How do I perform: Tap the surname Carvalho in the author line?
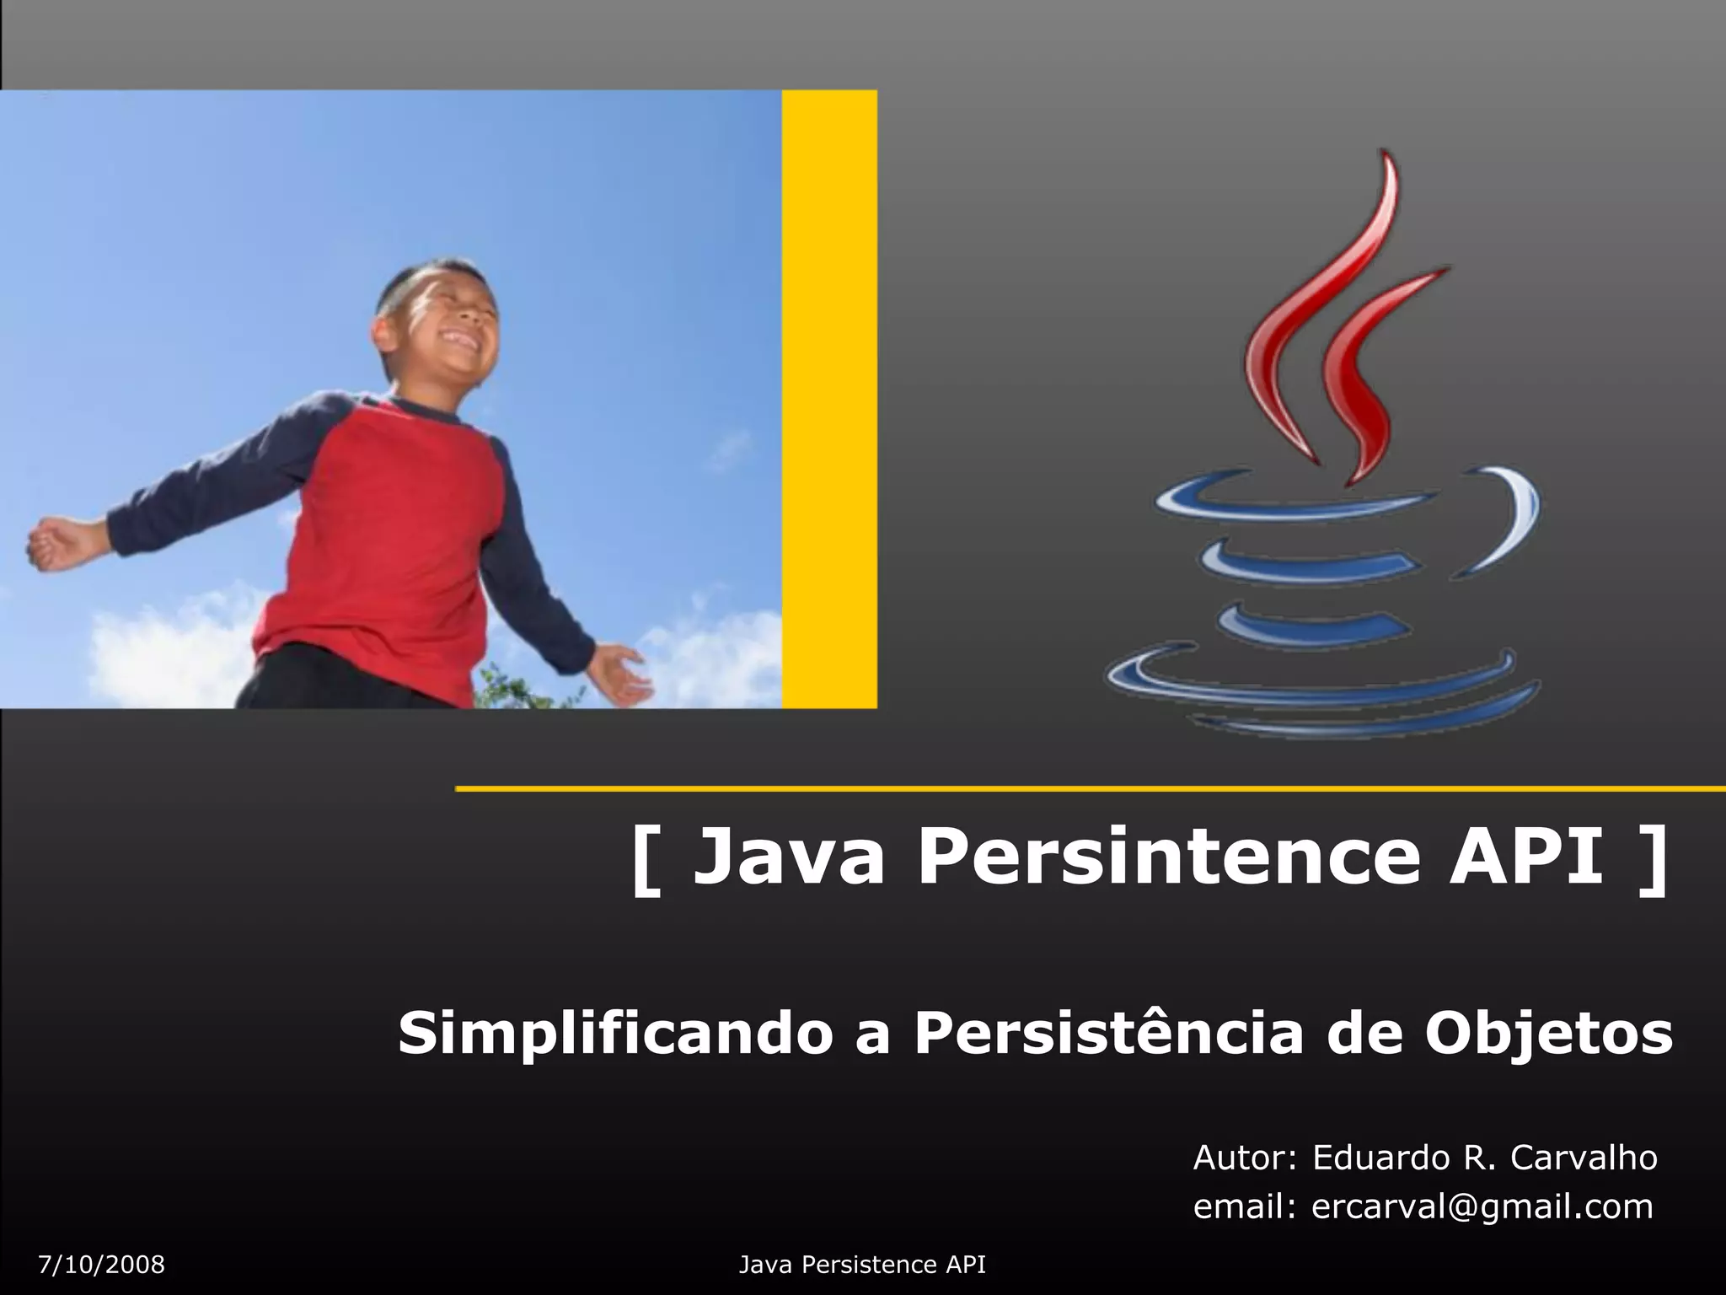[x=1584, y=1158]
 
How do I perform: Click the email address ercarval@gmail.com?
[x=1482, y=1207]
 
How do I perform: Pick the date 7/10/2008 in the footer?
[x=102, y=1265]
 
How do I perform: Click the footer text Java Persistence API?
[x=862, y=1265]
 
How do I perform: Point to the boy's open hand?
[x=620, y=672]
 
